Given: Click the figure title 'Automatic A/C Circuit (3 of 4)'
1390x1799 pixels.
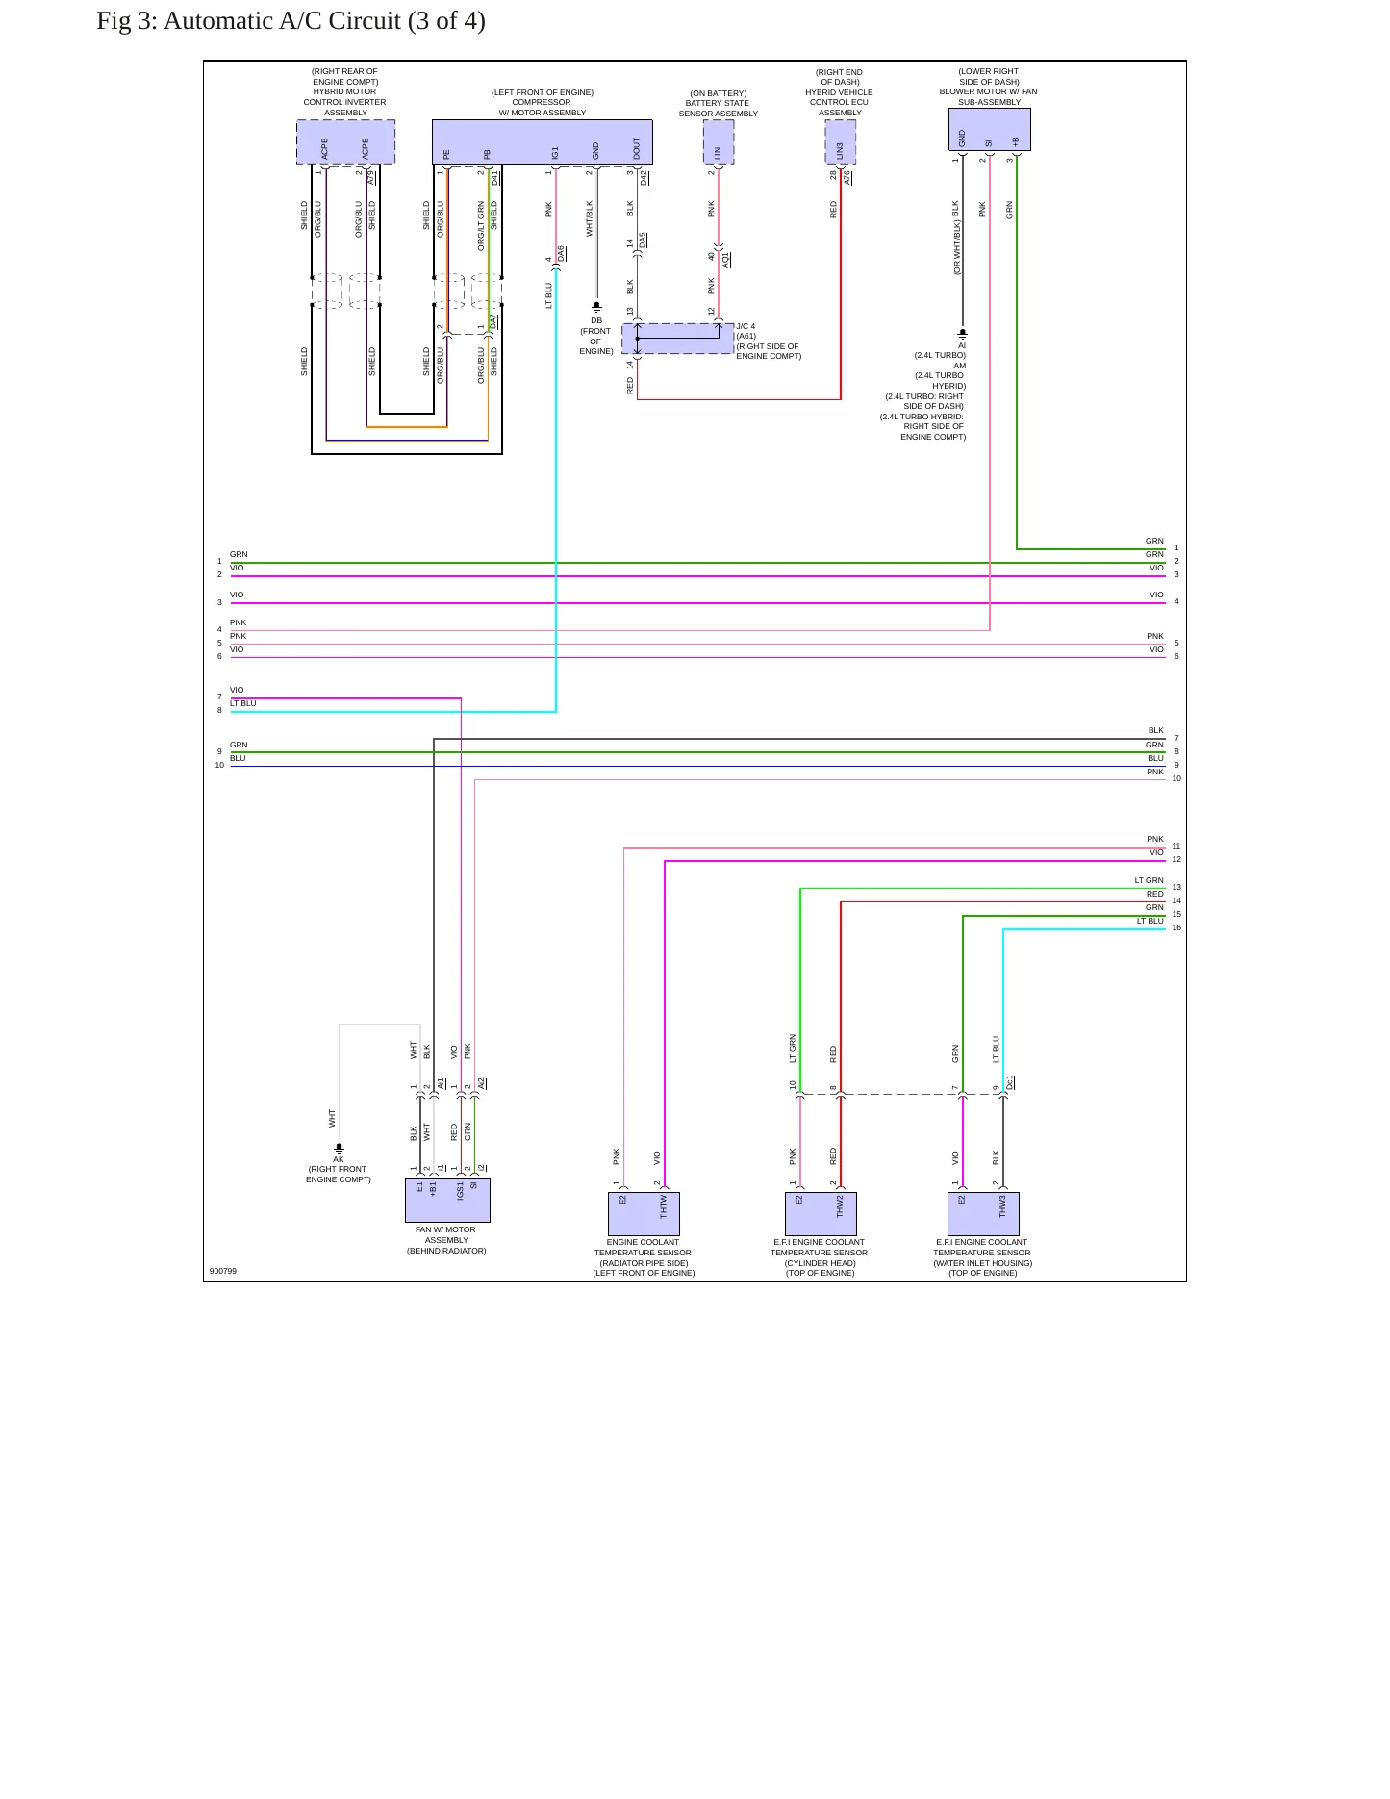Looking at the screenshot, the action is [324, 20].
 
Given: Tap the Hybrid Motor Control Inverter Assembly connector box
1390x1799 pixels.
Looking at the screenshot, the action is [345, 141].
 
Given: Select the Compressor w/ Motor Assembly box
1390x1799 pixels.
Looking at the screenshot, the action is [543, 141].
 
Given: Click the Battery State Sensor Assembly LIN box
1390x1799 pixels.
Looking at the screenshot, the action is [719, 141].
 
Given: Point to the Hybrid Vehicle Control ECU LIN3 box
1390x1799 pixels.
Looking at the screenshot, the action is [841, 141].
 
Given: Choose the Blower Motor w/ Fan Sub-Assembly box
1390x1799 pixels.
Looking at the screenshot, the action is [989, 129].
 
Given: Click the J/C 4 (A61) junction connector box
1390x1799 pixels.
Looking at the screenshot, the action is [678, 339].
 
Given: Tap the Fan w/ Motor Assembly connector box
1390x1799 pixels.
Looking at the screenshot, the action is [447, 1201].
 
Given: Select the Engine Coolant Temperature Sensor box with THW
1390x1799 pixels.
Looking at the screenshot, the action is [644, 1214].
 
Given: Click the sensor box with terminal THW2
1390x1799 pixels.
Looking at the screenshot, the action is [821, 1214].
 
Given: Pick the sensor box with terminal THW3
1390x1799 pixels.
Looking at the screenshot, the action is [983, 1214].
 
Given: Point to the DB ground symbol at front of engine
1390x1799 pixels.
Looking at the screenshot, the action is [596, 307].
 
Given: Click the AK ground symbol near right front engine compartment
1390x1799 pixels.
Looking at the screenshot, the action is [339, 1148].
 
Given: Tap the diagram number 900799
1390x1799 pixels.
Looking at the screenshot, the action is [223, 1271].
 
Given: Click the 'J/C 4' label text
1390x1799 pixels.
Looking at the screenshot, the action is [746, 326].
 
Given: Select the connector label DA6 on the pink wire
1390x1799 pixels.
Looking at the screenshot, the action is [562, 254].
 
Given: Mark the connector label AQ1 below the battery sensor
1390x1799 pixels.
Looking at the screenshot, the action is [726, 260].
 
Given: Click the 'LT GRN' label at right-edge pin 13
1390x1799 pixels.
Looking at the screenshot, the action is [1150, 880].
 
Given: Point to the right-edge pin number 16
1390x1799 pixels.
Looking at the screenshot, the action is [1176, 927].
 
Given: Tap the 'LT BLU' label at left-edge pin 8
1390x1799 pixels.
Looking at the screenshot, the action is [243, 703].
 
